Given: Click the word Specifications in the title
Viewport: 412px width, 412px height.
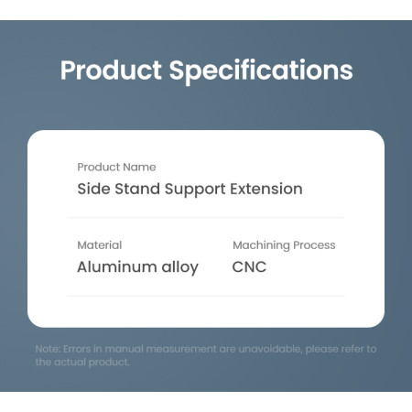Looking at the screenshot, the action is [x=261, y=71].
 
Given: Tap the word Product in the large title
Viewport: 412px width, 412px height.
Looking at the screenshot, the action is [x=111, y=70].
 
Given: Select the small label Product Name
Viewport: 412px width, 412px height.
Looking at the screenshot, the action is [x=116, y=167].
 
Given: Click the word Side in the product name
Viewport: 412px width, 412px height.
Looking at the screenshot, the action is [x=93, y=189].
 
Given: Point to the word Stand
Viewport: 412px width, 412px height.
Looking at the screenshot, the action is [x=137, y=189].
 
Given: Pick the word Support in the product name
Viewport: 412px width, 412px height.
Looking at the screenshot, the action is [x=195, y=190].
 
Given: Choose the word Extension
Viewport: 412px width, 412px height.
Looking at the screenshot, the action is [x=266, y=189].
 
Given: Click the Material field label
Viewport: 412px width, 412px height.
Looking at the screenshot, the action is [x=100, y=245].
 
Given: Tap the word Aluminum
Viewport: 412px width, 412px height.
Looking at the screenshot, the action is [x=117, y=266].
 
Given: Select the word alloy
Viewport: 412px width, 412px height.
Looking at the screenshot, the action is [x=180, y=267].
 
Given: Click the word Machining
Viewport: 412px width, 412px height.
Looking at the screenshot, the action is [x=261, y=245].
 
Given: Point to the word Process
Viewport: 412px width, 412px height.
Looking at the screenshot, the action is [x=314, y=245].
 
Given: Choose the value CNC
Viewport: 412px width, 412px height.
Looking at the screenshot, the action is [x=249, y=266].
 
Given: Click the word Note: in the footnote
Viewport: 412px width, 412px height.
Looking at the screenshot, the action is [x=48, y=349].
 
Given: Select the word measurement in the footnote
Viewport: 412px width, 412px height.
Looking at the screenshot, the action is [x=181, y=349].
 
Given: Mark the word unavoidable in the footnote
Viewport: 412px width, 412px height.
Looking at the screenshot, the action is [x=270, y=349].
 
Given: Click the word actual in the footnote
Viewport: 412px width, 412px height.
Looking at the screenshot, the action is [x=70, y=362].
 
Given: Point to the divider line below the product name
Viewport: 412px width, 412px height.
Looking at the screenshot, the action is [x=206, y=218].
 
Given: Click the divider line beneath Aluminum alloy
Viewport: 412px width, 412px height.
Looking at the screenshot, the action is [x=206, y=296].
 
